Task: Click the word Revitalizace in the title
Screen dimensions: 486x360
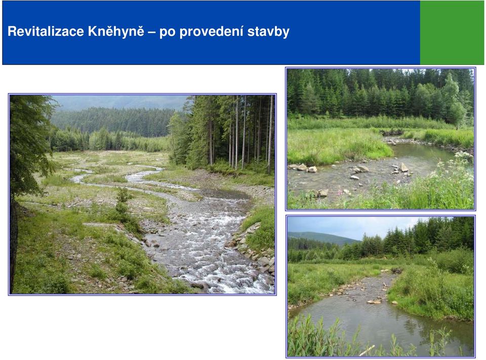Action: pyautogui.click(x=46, y=31)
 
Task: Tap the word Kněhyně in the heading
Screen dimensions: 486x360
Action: pyautogui.click(x=116, y=31)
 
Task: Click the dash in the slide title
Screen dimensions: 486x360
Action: pyautogui.click(x=152, y=32)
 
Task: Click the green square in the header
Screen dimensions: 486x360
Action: pyautogui.click(x=452, y=32)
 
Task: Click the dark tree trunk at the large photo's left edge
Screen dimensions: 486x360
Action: pyautogui.click(x=13, y=245)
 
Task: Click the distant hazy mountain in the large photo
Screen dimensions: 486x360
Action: pyautogui.click(x=121, y=102)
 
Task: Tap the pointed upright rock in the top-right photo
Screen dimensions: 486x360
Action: pyautogui.click(x=404, y=168)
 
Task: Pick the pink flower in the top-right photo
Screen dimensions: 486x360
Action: pyautogui.click(x=341, y=193)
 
